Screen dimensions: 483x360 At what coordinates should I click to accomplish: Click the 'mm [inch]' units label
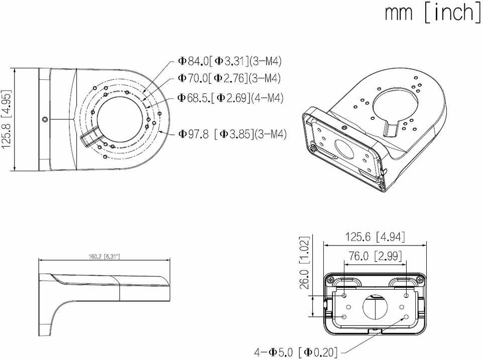coord(432,13)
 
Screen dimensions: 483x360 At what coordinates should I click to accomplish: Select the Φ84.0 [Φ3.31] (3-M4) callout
coord(230,61)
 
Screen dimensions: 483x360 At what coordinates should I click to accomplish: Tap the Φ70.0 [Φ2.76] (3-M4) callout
coord(229,78)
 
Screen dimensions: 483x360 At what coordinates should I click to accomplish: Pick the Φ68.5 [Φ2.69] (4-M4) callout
coord(230,98)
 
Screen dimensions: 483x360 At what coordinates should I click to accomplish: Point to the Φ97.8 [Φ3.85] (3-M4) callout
coord(232,134)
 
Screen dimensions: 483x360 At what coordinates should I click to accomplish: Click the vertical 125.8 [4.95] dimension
coord(7,119)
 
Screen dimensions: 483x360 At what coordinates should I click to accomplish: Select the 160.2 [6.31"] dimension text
coord(104,256)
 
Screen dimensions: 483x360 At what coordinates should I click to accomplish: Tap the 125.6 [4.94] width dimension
coord(375,237)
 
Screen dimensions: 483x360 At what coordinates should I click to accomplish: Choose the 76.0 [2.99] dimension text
coord(375,256)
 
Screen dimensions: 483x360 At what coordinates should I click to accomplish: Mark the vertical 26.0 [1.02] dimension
coord(304,263)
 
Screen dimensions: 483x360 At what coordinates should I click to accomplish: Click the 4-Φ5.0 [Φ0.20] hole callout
coord(296,351)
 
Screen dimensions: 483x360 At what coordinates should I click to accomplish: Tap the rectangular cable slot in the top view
coord(90,137)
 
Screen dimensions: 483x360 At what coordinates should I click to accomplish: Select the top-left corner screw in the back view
coord(330,280)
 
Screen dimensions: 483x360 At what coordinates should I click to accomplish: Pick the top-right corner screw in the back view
coord(420,280)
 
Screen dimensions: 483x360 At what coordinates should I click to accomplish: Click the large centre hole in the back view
coord(375,307)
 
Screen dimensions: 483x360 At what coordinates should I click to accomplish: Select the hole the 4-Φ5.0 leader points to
coord(406,317)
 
